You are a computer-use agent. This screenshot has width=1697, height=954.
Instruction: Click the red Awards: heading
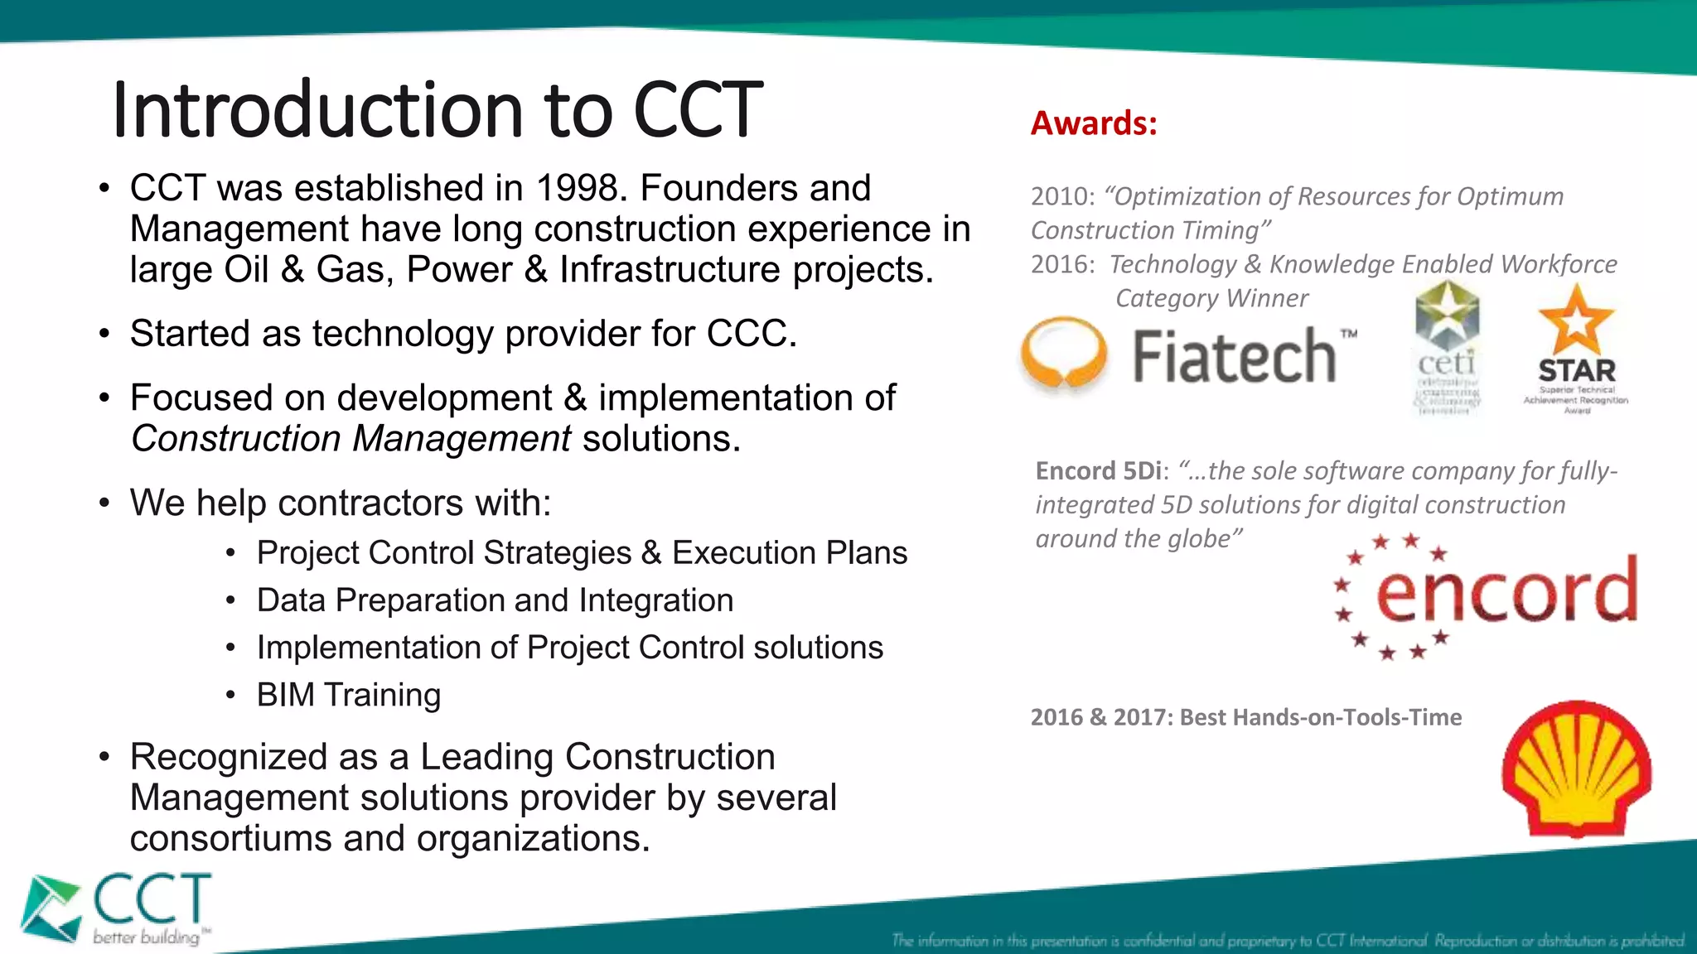pos(1094,123)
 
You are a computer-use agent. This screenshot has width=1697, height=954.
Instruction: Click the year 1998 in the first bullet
pos(577,189)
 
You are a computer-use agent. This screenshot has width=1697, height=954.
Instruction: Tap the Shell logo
pos(1576,768)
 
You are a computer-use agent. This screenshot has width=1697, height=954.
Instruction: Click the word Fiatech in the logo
pos(1235,356)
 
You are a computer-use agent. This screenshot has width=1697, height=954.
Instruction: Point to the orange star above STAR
pos(1576,320)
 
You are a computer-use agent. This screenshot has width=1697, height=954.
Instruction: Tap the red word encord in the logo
pos(1506,590)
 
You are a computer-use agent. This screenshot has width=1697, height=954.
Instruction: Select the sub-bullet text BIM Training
pos(349,695)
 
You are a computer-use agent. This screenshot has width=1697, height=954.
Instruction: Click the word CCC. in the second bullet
pos(751,334)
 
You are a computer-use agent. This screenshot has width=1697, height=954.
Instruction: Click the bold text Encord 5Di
pos(1099,471)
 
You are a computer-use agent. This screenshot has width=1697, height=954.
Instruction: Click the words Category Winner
pos(1211,298)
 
